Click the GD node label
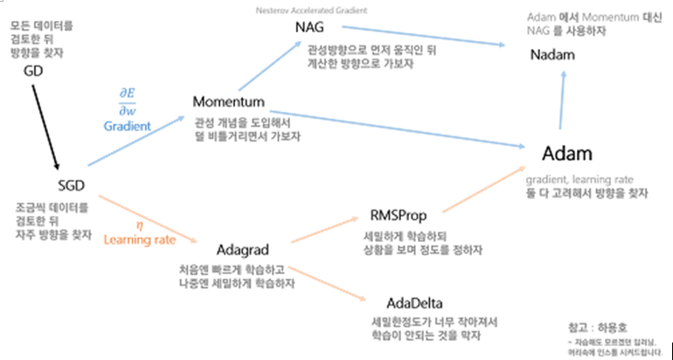point(32,71)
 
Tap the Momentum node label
point(228,102)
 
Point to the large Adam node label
point(567,153)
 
